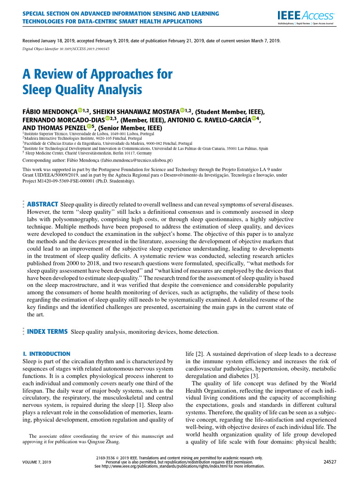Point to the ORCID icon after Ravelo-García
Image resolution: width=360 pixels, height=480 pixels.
coord(254,119)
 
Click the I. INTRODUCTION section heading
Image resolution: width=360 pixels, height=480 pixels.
coord(46,353)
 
